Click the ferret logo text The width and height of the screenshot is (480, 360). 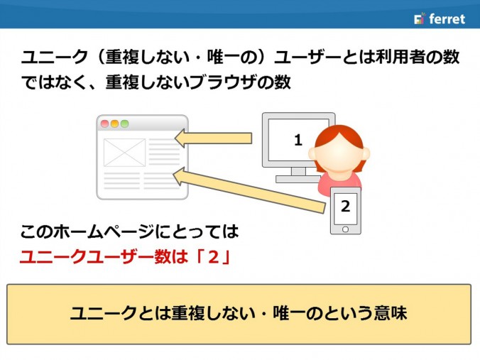[447, 19]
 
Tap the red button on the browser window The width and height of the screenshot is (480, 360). [104, 124]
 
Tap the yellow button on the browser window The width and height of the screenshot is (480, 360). [114, 124]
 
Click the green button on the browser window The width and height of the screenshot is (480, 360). [124, 124]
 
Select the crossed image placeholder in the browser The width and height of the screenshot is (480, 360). [124, 153]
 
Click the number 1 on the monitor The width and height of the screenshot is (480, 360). [298, 140]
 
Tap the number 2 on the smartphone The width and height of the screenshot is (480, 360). [345, 207]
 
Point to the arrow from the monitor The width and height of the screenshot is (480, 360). [213, 138]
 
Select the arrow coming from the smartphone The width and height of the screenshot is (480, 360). [249, 190]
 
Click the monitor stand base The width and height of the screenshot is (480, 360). [298, 179]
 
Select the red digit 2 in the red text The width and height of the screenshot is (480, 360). [213, 256]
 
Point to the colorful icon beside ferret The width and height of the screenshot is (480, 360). [420, 18]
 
